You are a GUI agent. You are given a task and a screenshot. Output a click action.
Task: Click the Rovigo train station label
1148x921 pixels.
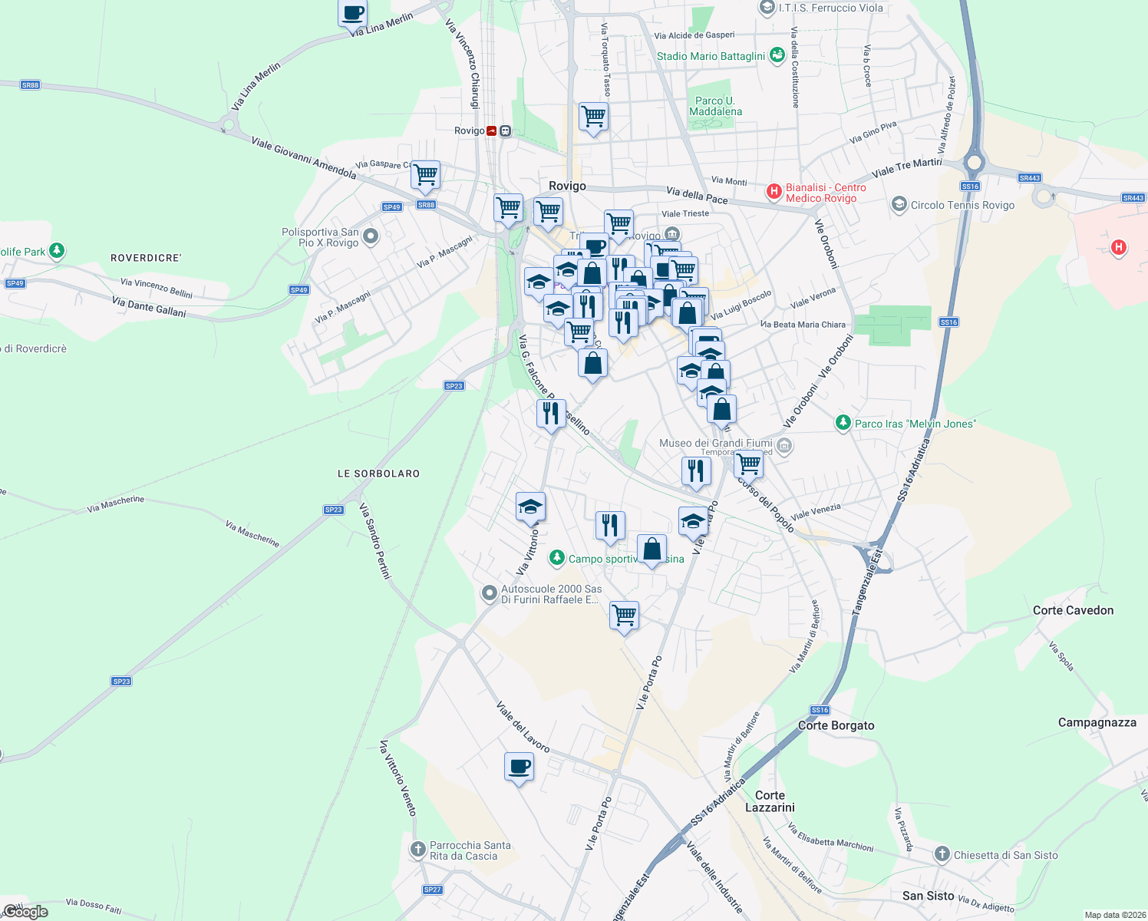[x=469, y=130]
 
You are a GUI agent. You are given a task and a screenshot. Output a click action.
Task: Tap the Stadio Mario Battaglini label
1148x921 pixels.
[x=711, y=56]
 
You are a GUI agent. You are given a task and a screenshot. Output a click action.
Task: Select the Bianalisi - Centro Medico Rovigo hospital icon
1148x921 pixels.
[x=774, y=190]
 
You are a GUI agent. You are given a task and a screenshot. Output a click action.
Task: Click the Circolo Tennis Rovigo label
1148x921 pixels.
[x=962, y=205]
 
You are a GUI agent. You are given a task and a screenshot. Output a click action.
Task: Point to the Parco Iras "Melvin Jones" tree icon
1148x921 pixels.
[x=843, y=423]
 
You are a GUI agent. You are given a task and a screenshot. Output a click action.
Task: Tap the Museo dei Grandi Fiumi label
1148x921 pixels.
[x=716, y=443]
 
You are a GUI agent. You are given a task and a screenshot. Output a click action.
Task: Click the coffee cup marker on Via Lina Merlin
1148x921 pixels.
[x=353, y=13]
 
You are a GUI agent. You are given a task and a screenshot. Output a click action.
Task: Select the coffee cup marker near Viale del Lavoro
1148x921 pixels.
[x=519, y=766]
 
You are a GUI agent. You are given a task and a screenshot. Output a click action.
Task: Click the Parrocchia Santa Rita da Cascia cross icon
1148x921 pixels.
[x=417, y=849]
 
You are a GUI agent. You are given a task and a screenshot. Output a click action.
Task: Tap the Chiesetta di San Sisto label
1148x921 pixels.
[x=1005, y=855]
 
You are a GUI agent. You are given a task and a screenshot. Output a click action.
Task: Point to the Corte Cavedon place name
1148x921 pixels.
[x=1073, y=610]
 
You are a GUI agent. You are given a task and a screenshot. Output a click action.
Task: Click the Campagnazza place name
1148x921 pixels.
[x=1097, y=722]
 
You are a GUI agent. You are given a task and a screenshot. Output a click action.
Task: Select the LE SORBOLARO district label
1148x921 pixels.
[x=378, y=474]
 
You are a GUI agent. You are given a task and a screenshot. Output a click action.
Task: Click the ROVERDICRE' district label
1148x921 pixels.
[x=146, y=258]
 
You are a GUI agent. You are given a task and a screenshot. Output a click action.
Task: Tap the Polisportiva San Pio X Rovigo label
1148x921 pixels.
[x=320, y=237]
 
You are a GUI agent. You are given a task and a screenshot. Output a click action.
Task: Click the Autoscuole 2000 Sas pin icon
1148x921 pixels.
[x=489, y=593]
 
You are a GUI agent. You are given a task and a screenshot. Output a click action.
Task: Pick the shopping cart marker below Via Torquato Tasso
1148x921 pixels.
[x=593, y=117]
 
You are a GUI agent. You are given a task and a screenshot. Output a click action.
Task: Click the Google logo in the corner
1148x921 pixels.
[x=25, y=912]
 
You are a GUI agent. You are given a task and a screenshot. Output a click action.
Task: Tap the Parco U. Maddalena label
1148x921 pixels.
[x=715, y=106]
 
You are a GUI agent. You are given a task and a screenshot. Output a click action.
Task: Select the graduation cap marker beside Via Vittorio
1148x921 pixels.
[x=530, y=507]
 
